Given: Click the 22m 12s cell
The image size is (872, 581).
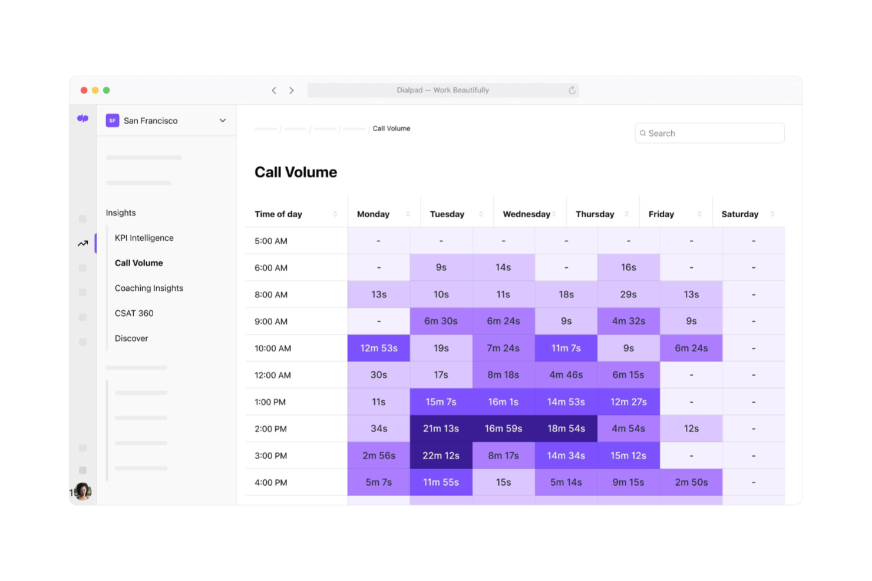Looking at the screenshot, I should [x=441, y=456].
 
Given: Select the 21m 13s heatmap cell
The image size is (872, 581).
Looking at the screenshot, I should [x=441, y=429].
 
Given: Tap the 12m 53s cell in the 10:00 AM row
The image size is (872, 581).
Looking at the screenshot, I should [x=379, y=348].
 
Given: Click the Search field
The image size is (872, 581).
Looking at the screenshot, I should [x=709, y=133].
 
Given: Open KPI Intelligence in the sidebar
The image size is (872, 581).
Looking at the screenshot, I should [x=144, y=238].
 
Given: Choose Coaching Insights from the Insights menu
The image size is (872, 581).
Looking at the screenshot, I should [x=148, y=288].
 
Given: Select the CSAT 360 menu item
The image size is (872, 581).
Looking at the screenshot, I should [x=134, y=313].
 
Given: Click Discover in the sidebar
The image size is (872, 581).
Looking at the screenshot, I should [x=131, y=338].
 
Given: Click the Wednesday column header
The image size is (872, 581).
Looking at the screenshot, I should [x=526, y=214].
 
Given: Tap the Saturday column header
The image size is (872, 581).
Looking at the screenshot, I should [x=740, y=214].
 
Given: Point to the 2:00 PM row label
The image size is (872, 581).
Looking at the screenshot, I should [x=270, y=429].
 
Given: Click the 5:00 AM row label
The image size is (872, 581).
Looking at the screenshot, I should [x=270, y=241].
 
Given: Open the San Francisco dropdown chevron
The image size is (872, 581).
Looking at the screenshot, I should [x=223, y=121].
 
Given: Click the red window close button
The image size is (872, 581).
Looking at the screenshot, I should [x=84, y=90].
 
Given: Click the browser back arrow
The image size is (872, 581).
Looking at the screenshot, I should [x=274, y=90].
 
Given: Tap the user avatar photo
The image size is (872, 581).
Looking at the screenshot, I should [x=83, y=491].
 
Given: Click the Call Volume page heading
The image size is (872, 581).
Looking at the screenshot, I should [x=296, y=172].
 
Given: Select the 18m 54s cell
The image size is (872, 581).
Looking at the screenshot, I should [x=566, y=429].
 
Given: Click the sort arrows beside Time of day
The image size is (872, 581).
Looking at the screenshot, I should [x=335, y=214].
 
